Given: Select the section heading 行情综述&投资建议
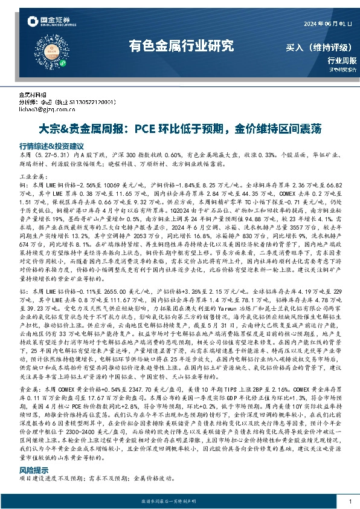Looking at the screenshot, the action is (51, 146).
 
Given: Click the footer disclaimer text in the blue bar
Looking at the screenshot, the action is (180, 501).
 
